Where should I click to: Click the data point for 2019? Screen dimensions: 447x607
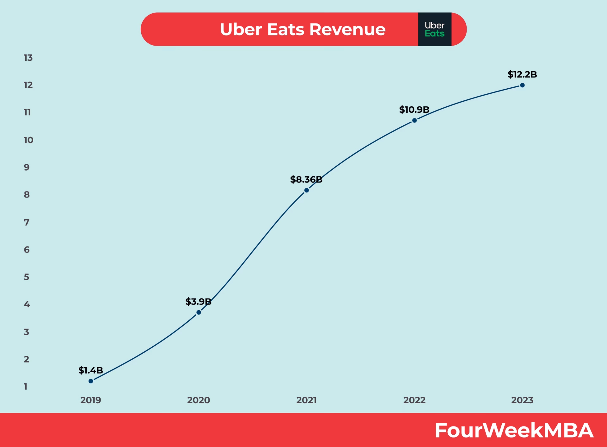pos(91,381)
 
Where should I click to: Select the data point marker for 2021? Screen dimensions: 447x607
pos(306,190)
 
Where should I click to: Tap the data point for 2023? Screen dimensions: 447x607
pos(522,85)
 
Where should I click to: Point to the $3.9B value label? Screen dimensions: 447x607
pos(198,301)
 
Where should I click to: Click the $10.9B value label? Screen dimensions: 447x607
pos(414,110)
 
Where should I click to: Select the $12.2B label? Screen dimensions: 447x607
pos(522,74)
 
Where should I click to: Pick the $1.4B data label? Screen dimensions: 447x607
pos(91,370)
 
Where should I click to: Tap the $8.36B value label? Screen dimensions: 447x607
pos(306,179)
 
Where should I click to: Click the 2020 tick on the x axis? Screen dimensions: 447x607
pos(199,400)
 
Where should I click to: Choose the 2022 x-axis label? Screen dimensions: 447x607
pos(414,400)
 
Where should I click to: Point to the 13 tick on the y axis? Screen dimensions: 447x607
pos(28,58)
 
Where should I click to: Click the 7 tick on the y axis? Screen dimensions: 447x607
pos(27,222)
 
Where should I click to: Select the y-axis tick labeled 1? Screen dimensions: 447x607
pos(26,387)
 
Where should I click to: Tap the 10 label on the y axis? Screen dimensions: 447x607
pos(28,140)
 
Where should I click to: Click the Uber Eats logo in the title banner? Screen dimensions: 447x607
pos(434,29)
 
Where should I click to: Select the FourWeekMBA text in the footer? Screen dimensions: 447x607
pos(514,430)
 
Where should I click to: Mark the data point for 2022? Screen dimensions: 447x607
pos(414,120)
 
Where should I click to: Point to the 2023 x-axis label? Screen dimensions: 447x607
pos(522,400)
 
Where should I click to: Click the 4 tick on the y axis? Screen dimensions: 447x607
pos(27,304)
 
